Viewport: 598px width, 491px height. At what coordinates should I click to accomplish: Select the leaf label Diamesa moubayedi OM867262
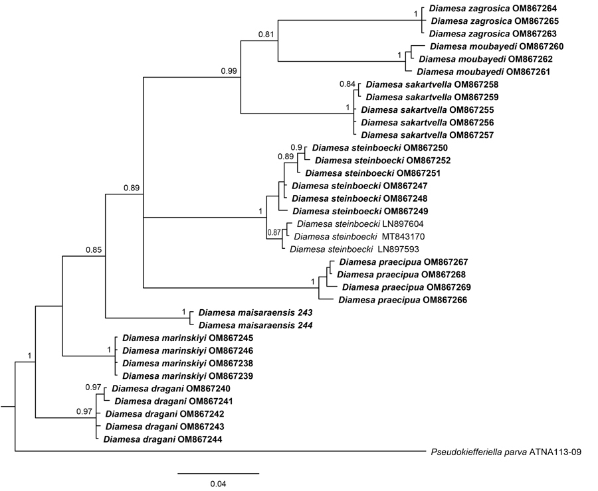click(x=486, y=59)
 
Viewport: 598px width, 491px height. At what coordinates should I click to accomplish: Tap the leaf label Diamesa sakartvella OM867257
click(x=427, y=135)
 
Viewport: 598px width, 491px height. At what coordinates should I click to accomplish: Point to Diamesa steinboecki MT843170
click(x=359, y=237)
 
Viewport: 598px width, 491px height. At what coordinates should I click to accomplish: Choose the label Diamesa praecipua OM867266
click(x=403, y=300)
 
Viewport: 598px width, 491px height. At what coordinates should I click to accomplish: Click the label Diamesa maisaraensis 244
click(x=256, y=325)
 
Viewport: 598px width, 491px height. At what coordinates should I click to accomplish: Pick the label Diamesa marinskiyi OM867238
click(x=187, y=364)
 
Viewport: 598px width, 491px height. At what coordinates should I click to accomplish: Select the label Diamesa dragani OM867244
click(x=163, y=439)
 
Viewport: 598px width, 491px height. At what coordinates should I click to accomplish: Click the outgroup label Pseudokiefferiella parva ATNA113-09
click(x=506, y=452)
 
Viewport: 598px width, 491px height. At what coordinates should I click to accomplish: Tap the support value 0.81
click(x=266, y=35)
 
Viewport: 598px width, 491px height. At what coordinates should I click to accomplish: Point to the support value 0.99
click(x=229, y=71)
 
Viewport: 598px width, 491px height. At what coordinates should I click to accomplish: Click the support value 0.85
click(x=94, y=250)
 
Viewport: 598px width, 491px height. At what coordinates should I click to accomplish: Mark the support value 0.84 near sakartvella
click(x=348, y=84)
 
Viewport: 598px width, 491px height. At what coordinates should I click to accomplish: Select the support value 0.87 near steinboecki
click(x=274, y=232)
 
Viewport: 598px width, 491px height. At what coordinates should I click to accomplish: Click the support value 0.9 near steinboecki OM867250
click(x=296, y=147)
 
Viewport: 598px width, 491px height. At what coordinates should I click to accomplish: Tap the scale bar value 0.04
click(x=218, y=484)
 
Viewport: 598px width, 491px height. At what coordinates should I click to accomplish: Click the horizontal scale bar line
click(x=218, y=474)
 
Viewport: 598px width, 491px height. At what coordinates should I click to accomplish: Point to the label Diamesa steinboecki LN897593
click(x=354, y=249)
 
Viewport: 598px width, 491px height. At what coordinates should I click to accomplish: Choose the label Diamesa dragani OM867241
click(x=173, y=401)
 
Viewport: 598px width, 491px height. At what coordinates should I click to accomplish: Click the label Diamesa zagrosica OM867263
click(x=493, y=34)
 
